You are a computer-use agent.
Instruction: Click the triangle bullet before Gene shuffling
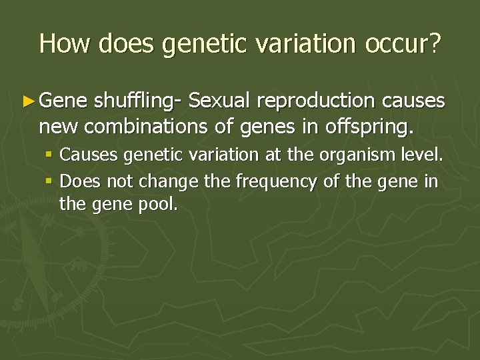27,101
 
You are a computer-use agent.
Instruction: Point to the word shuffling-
138,101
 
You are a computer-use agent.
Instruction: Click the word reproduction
314,101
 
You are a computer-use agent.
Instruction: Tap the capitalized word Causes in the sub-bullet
84,157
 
